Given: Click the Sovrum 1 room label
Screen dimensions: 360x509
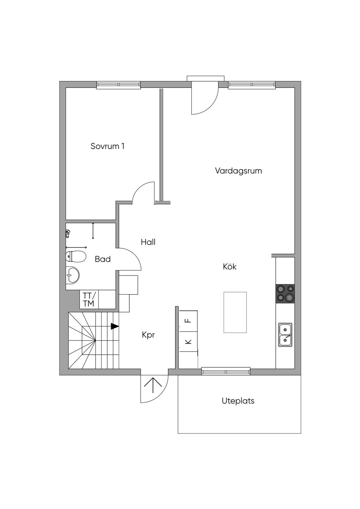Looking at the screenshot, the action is coord(107,146).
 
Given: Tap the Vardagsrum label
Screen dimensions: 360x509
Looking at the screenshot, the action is coord(238,170).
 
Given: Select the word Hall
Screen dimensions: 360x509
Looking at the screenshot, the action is coord(148,242).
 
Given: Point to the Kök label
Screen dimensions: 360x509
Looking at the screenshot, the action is coord(230,266).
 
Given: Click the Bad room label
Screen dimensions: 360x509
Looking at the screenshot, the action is coord(103,259).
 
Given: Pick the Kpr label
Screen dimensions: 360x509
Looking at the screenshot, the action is coord(148,335).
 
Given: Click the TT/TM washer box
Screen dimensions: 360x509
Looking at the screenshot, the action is coord(89,299).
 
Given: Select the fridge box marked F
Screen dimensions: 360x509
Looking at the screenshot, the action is coord(188,321).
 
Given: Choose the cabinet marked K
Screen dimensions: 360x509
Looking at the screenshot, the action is coord(188,342).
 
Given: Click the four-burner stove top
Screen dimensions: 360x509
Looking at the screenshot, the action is coord(285,294).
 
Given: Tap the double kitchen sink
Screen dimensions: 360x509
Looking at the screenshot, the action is coord(285,335).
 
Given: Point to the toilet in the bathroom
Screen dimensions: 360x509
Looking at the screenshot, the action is coord(76,257).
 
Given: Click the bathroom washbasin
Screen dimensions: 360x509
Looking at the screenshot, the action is coord(72,275).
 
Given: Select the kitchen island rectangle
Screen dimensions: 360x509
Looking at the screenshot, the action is coord(235,313).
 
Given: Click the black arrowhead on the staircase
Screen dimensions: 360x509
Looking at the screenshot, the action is coord(115,326).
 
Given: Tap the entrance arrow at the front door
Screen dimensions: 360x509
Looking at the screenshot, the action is coord(153,385).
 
